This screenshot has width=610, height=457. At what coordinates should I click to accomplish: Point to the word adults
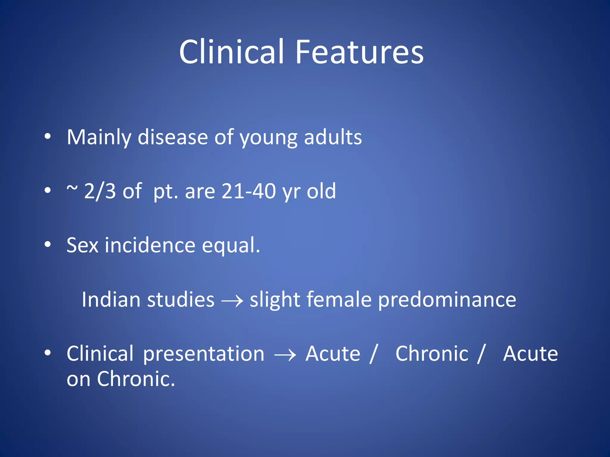[333, 137]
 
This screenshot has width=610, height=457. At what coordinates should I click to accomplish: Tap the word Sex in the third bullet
[82, 245]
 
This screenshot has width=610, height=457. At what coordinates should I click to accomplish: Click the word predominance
[447, 300]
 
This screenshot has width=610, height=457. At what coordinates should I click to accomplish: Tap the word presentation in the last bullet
[204, 354]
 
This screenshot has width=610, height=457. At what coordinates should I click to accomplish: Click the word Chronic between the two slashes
[432, 354]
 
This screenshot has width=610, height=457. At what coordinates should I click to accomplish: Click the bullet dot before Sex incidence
[47, 245]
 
